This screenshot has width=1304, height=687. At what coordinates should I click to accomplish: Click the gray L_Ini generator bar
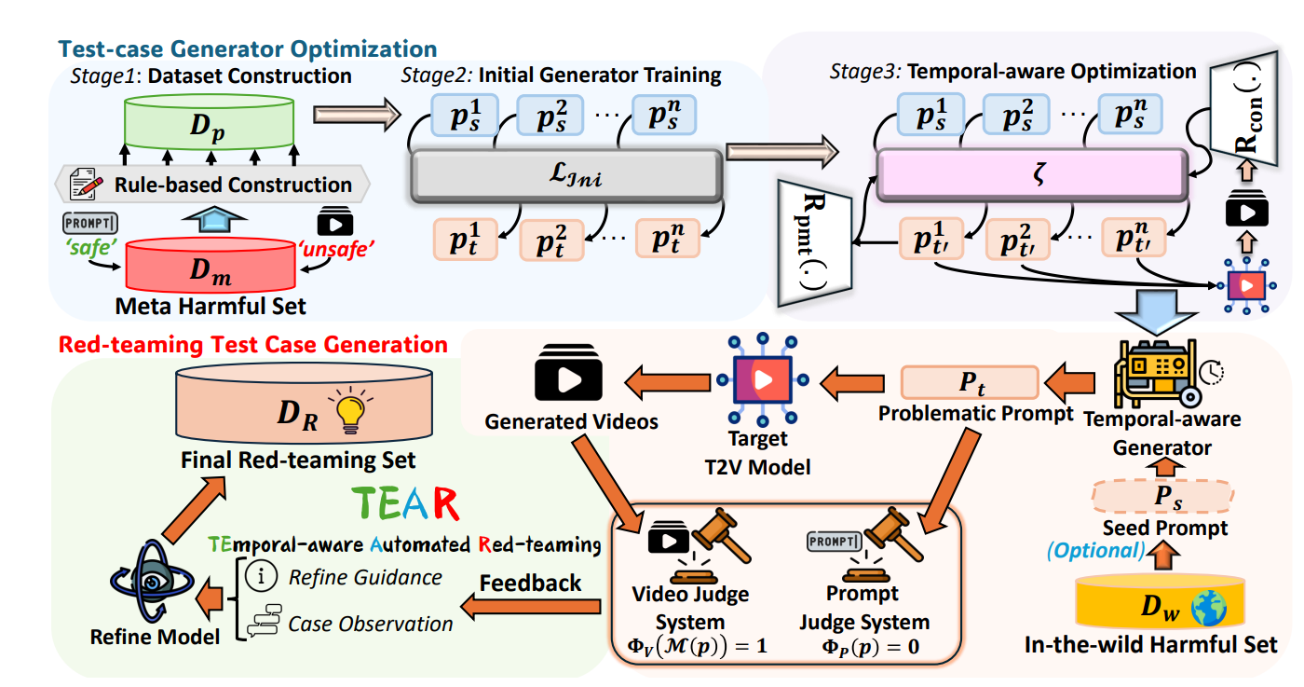(x=565, y=173)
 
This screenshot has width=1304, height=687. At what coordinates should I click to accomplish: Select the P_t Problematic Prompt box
(x=969, y=382)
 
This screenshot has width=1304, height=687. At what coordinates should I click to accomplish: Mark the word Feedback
(x=530, y=584)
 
